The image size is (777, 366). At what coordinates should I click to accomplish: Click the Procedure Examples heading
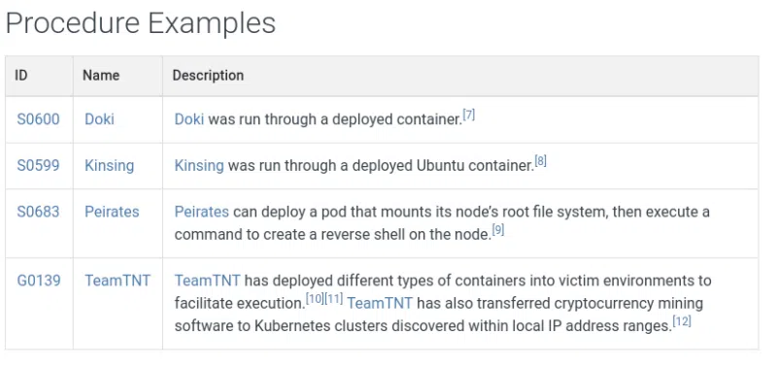click(x=141, y=23)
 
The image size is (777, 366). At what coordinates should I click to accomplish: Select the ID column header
click(x=20, y=75)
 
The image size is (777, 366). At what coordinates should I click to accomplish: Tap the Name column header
click(x=101, y=75)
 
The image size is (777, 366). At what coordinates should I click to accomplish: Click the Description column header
click(x=208, y=75)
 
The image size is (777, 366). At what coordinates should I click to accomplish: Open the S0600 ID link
click(x=38, y=119)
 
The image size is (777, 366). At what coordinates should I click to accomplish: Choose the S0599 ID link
click(x=38, y=165)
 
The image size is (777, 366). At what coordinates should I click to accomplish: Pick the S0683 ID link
click(x=38, y=212)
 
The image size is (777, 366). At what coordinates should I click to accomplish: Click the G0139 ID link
click(x=39, y=281)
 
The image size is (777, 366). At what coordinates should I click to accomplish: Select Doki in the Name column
click(x=99, y=119)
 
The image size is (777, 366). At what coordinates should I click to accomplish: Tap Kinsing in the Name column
click(x=109, y=165)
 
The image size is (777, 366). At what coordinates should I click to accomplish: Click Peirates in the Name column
click(x=112, y=212)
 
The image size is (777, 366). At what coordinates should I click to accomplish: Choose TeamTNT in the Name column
click(x=118, y=281)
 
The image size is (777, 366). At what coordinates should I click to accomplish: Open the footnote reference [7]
click(x=468, y=116)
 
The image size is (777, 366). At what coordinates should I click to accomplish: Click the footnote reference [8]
click(x=541, y=161)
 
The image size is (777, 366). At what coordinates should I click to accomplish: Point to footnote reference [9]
click(x=498, y=230)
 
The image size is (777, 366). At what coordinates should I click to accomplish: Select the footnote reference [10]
click(x=315, y=299)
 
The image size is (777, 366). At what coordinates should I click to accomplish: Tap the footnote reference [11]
click(x=333, y=299)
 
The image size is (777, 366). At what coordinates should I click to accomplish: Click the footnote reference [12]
click(x=682, y=321)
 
